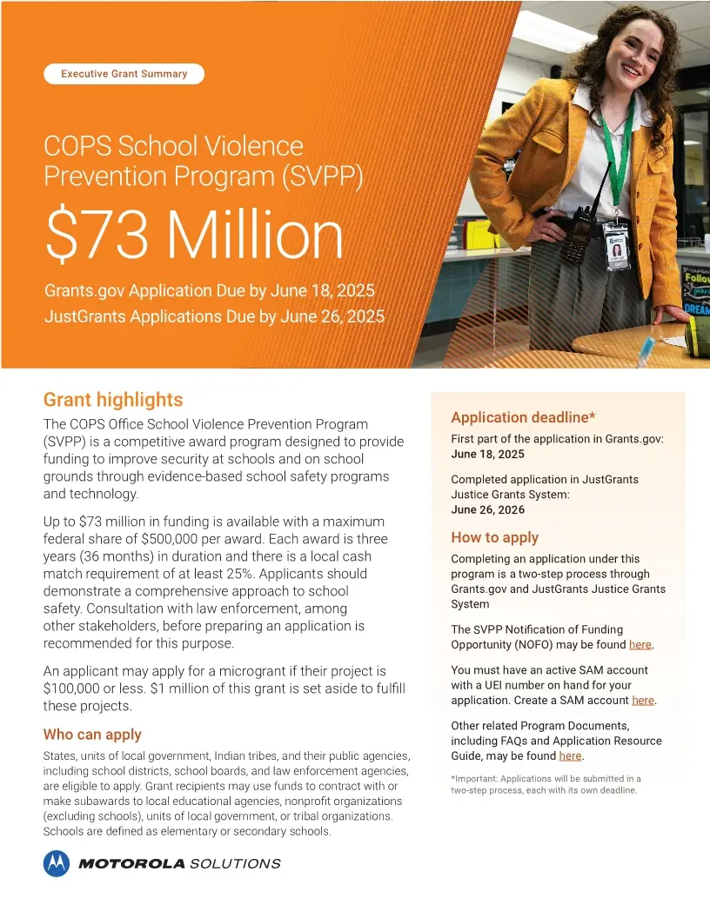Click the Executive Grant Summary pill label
pos(124,74)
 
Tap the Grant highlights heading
pos(113,400)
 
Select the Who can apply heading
pos(92,735)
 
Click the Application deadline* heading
pos(511,417)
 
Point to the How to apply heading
pos(494,537)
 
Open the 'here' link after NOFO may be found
pos(640,645)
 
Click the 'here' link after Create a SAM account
pos(642,701)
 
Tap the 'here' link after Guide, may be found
pos(570,756)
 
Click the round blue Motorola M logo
pos(57,863)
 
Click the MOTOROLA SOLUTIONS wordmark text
pos(179,864)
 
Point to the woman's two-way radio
pos(575,235)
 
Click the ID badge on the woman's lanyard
pos(617,247)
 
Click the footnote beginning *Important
pos(546,785)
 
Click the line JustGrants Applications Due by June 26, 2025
pos(214,316)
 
